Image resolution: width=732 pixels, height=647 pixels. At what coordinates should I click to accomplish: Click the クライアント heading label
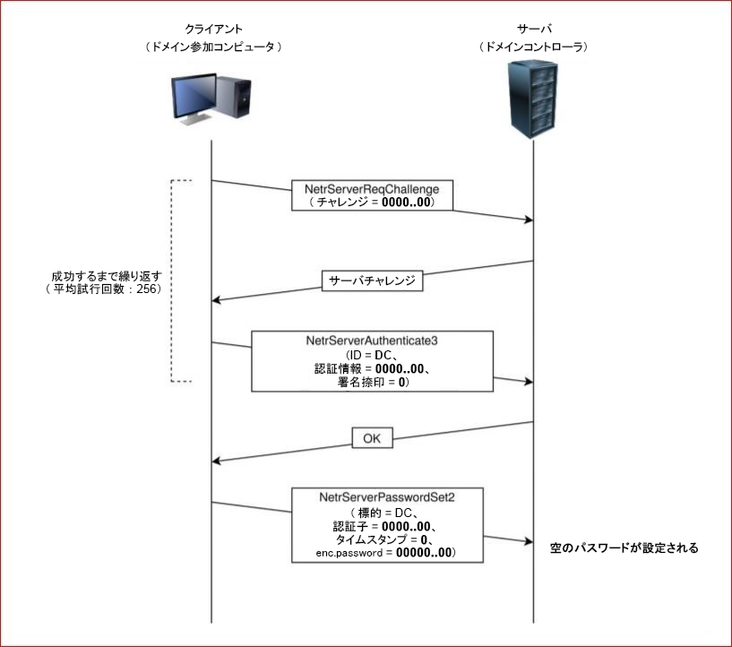(x=212, y=28)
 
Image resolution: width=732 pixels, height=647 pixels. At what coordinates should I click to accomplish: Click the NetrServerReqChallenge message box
(x=372, y=195)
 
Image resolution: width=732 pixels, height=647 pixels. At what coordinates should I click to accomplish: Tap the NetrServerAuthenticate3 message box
(x=372, y=361)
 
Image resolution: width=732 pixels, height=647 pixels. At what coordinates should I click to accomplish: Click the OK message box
(x=372, y=439)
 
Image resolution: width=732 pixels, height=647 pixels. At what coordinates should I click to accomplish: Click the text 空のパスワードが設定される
(x=624, y=547)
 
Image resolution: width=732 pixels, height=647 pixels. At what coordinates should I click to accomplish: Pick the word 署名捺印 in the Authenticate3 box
(x=343, y=382)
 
